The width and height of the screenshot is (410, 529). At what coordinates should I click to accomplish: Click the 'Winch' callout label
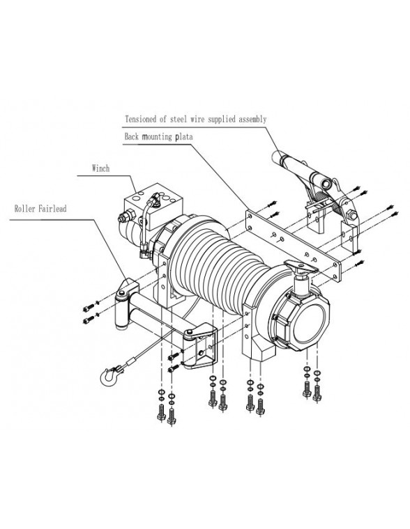coord(102,168)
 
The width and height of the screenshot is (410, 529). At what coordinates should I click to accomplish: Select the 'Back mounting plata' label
coord(158,138)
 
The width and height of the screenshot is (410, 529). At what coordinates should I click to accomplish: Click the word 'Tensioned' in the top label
coord(141,120)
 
